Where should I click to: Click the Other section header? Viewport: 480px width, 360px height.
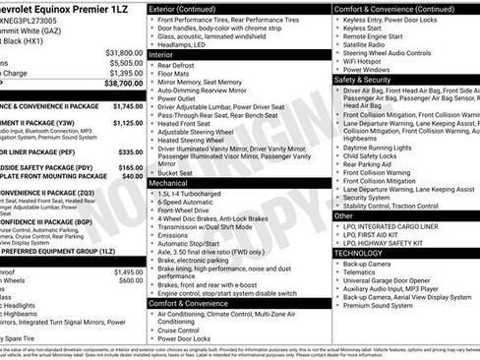point(343,214)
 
